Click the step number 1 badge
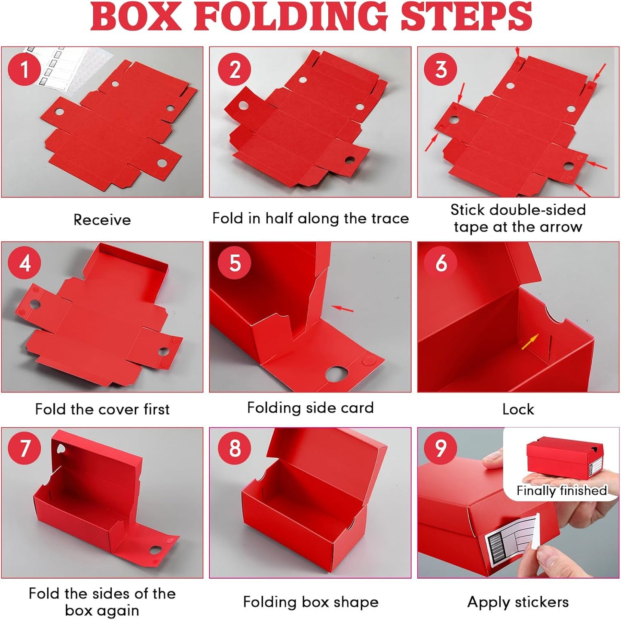pos(24,69)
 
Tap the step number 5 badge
pos(234,263)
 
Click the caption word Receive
pos(102,220)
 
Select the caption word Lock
pos(518,409)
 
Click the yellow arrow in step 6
pos(530,342)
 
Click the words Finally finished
pos(561,490)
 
